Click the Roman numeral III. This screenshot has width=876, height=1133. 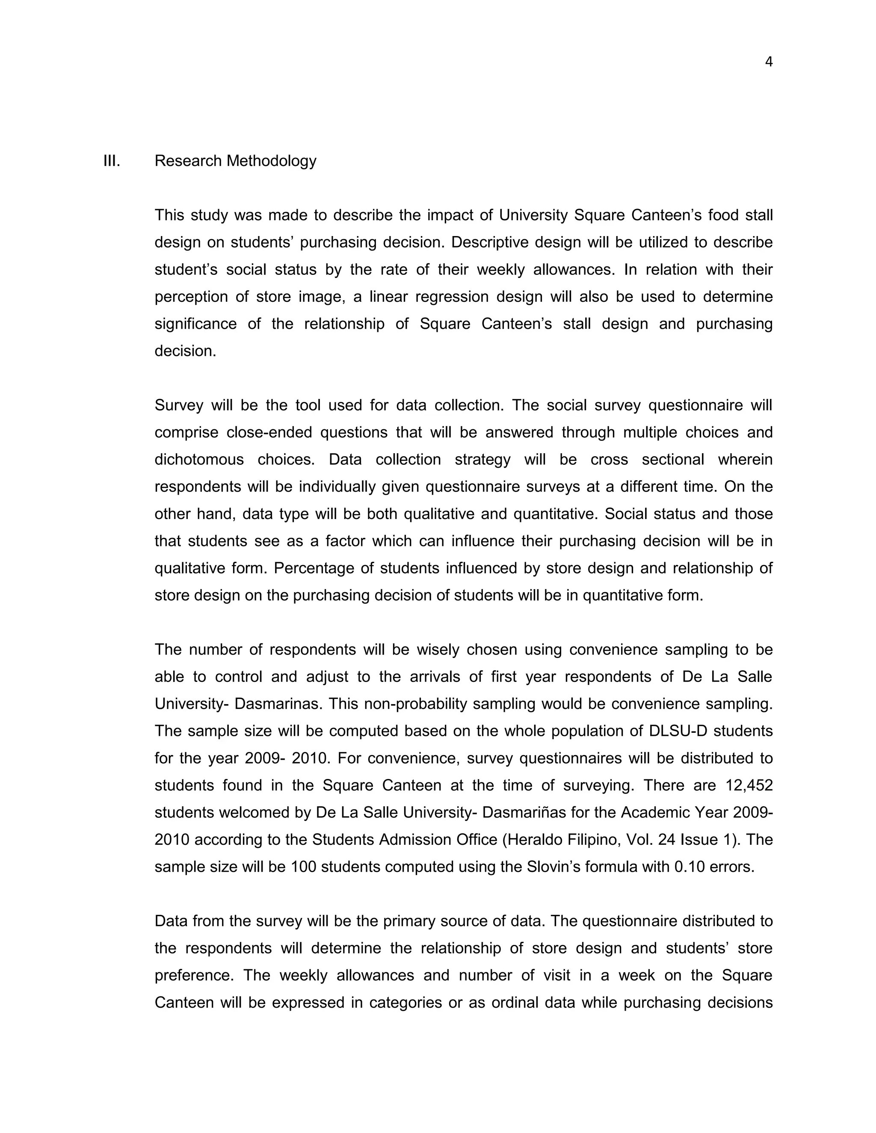112,161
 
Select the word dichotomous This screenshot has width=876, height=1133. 198,460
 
